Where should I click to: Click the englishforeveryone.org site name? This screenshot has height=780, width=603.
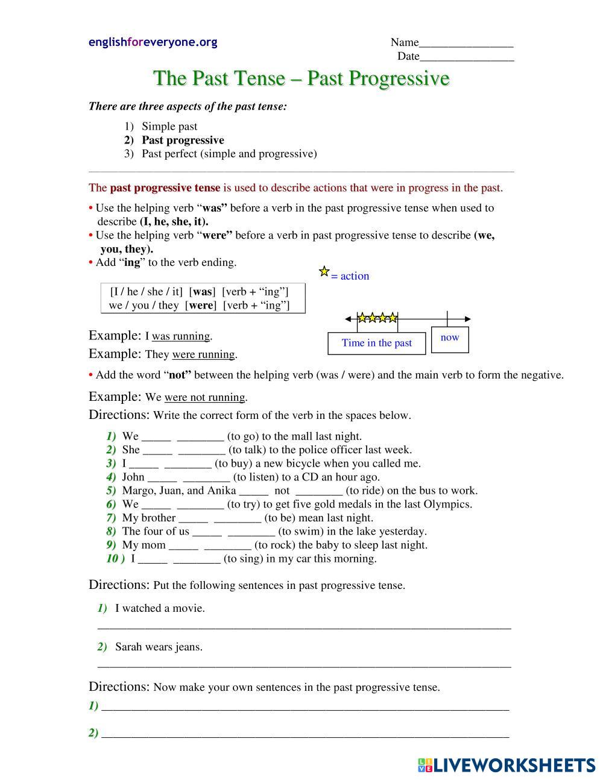pos(153,42)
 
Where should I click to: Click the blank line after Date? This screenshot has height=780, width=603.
pos(467,57)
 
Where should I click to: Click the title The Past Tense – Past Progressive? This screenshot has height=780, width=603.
pos(301,78)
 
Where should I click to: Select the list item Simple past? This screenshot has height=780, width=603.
pos(169,127)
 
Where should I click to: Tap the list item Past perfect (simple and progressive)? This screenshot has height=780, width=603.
pos(229,154)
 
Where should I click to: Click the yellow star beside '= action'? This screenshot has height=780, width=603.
pos(324,272)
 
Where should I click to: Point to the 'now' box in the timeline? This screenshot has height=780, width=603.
pos(450,338)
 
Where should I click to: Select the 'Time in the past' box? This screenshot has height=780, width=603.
pos(376,343)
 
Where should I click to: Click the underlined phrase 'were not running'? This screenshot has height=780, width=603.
pos(204,398)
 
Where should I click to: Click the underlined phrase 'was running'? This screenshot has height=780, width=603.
pos(180,336)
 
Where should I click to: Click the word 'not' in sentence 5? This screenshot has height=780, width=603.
pos(282,491)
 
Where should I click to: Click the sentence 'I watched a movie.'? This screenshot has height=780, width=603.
pos(160,608)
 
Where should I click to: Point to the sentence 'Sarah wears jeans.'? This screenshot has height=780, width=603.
pos(159,647)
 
